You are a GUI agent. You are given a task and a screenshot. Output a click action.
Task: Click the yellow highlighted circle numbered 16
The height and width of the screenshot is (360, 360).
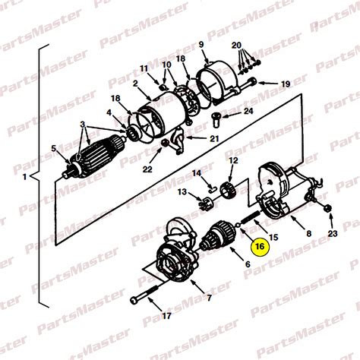point(260,246)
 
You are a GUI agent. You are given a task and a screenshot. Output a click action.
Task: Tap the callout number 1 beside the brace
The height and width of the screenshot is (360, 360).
point(24,177)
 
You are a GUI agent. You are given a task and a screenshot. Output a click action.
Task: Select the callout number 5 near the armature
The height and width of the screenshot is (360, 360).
point(53,149)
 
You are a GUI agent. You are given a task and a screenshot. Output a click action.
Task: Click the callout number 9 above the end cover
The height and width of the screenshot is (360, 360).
point(201,45)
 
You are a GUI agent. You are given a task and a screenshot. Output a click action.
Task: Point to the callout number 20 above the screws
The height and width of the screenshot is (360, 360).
point(236,46)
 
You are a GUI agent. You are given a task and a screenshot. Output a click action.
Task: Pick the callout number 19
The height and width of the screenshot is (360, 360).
point(286,84)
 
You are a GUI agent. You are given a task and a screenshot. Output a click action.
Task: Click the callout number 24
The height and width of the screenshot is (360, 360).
point(248,111)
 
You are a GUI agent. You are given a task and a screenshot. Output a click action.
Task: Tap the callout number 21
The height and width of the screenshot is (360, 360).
point(214,138)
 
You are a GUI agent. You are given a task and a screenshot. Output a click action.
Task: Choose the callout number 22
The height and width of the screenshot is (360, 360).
point(147,169)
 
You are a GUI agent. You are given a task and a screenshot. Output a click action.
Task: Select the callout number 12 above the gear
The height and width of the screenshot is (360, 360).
point(233,160)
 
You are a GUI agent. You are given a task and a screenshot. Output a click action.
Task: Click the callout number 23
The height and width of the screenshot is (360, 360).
point(333,233)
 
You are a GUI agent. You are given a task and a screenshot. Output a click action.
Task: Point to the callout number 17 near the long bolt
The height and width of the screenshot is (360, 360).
point(166,316)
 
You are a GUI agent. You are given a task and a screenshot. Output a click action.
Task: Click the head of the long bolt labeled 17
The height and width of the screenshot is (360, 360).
point(134,300)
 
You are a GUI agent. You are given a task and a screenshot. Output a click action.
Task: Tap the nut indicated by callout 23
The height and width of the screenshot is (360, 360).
point(327,209)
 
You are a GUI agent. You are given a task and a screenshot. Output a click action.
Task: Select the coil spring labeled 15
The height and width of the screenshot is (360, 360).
point(250,217)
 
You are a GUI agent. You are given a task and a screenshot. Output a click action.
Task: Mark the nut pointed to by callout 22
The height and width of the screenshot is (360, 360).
point(165,144)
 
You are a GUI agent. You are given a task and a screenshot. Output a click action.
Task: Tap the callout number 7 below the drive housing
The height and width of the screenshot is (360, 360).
point(209,298)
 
